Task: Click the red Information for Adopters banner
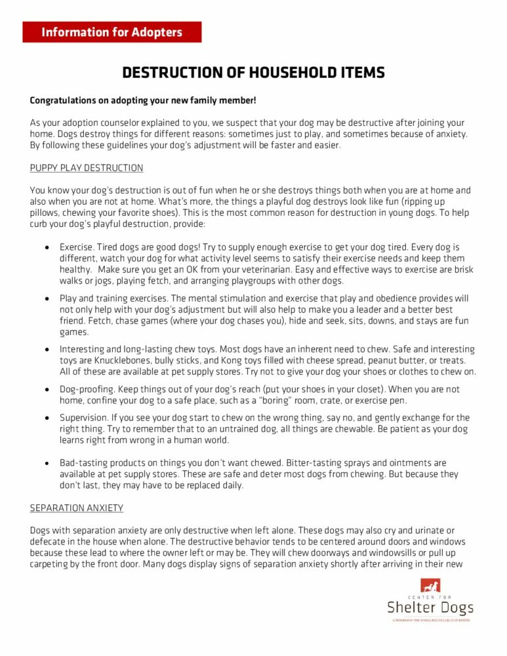pos(112,32)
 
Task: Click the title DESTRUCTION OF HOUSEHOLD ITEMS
pos(253,73)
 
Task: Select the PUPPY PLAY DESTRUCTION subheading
pos(87,168)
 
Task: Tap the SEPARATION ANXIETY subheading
pos(77,508)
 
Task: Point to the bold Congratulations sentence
pos(143,100)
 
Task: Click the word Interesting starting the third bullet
pos(83,350)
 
